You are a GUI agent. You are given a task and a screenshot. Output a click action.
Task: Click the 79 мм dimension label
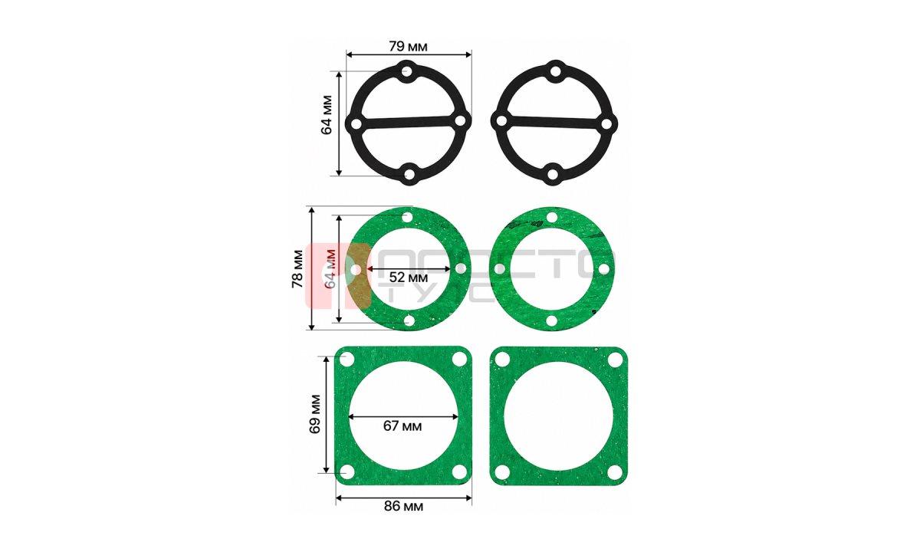point(408,47)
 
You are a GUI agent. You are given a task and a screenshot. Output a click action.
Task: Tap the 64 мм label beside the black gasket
point(327,115)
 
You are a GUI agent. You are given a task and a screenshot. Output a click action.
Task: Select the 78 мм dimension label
point(297,268)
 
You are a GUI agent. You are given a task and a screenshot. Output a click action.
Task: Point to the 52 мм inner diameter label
point(408,278)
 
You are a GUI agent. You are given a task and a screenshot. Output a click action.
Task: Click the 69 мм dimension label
point(315,415)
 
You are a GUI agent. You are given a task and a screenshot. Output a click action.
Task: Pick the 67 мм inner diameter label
point(402,426)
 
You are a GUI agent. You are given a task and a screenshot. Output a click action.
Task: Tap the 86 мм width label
point(403,507)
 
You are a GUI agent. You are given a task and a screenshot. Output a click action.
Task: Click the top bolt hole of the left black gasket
point(407,72)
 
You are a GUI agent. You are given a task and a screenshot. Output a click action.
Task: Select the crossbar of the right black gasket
point(554,122)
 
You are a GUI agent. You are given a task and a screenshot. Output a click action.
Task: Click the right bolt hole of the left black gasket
point(461,120)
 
